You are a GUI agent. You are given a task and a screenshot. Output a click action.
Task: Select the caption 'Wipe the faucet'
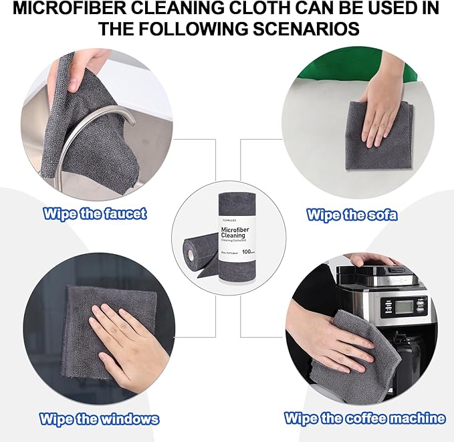pos(95,214)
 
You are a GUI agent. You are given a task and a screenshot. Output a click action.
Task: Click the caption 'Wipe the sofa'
pos(352,215)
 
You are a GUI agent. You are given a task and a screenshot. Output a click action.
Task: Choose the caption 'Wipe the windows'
pos(100,419)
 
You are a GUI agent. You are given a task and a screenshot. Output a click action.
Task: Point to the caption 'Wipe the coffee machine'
pos(364,419)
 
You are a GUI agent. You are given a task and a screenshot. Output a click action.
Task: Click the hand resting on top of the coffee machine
pos(374,259)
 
